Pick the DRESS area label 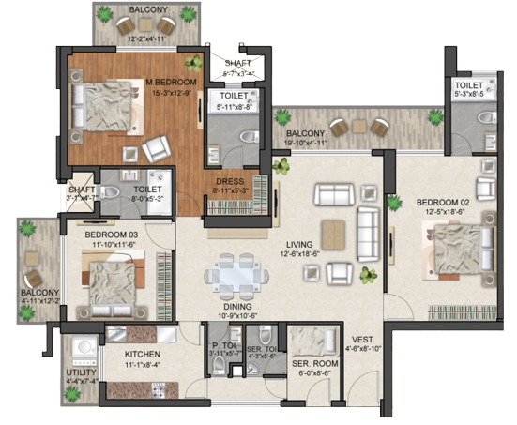230,182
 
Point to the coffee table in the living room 334,233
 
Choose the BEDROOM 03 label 114,235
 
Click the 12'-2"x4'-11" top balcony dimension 138,38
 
